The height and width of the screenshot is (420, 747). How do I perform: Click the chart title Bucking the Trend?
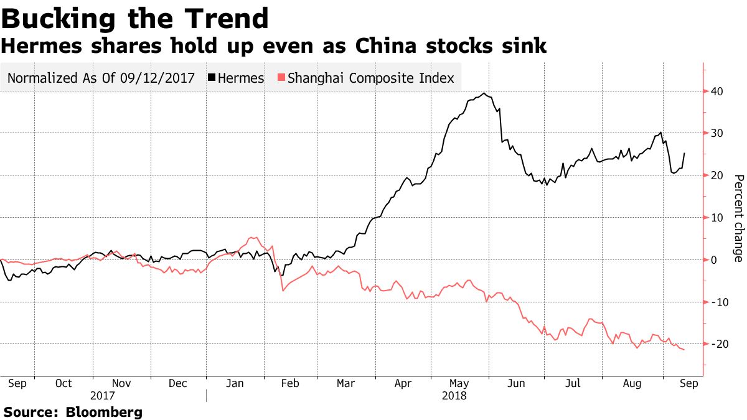pos(135,19)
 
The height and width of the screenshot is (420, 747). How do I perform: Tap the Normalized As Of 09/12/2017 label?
pos(101,78)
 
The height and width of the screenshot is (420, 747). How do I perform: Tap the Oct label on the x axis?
pos(63,384)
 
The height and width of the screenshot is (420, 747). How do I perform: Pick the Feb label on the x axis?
pos(290,384)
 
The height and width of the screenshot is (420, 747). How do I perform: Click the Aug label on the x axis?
pos(632,384)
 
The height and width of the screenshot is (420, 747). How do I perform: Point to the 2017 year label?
pos(103,396)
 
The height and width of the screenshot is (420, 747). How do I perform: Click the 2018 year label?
pos(454,396)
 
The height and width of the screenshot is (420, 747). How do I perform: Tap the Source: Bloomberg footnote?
pos(73,412)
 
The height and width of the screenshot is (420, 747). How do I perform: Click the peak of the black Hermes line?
pos(484,93)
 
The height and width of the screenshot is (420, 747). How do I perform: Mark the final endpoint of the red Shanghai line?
pos(684,350)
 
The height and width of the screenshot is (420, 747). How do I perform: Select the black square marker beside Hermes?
pos(212,78)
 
